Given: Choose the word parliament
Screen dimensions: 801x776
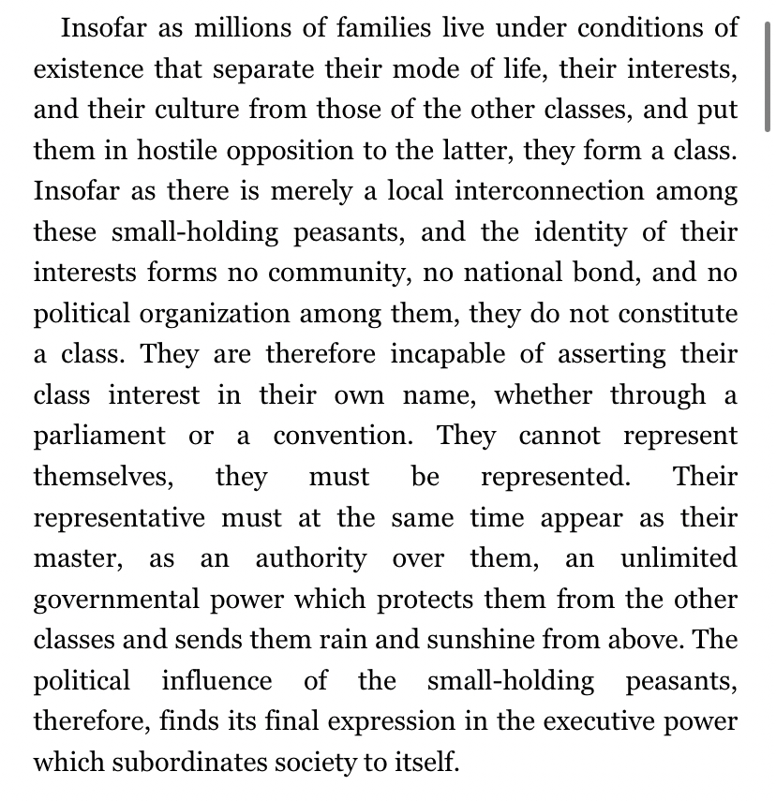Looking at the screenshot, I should coord(99,437).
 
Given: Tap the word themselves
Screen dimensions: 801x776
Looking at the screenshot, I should coord(103,477).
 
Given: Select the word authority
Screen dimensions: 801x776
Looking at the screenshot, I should coord(311,559).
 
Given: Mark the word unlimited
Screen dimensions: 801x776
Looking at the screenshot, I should coord(679,559).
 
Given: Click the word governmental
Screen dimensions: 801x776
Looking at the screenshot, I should coord(132,601).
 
